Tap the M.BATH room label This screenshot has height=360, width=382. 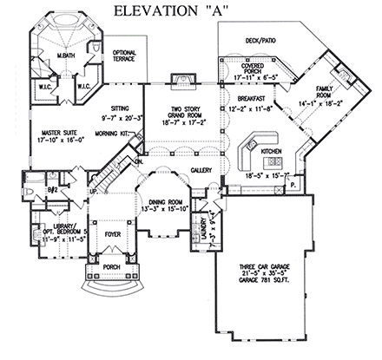[65, 56]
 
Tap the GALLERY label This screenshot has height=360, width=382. [202, 169]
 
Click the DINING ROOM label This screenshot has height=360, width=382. [165, 200]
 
